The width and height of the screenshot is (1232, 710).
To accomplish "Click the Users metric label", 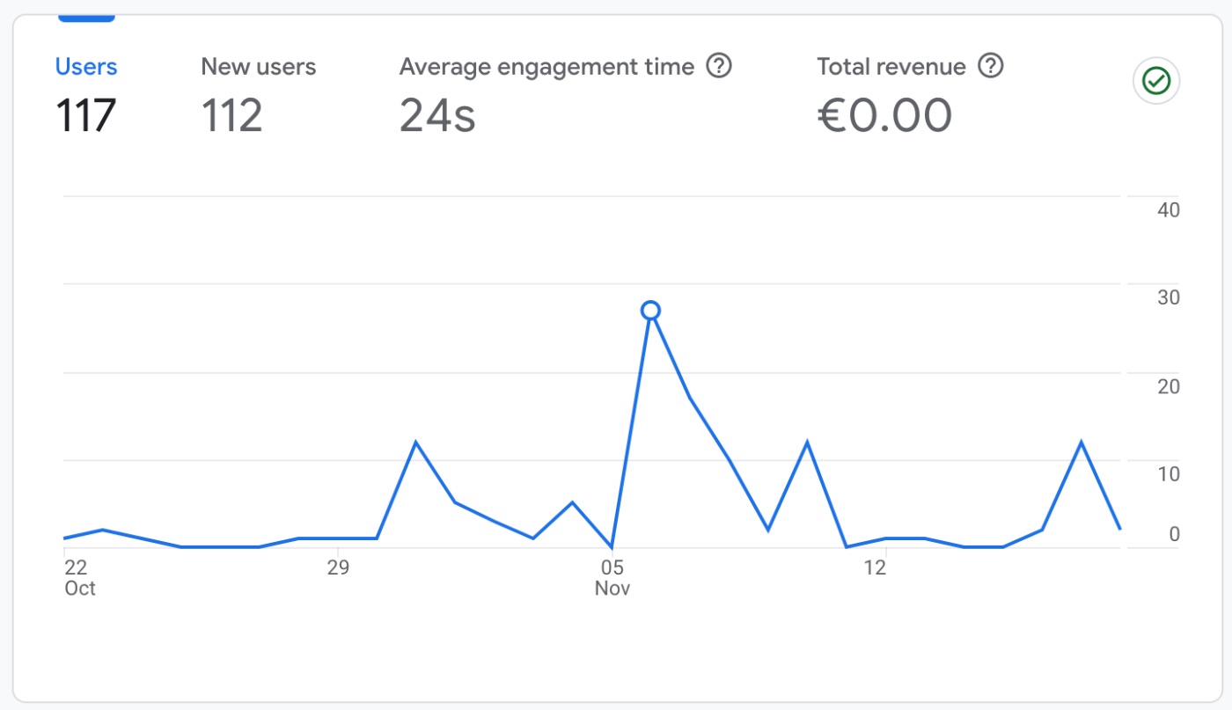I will [x=86, y=67].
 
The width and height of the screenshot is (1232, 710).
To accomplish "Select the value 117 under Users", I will [x=86, y=115].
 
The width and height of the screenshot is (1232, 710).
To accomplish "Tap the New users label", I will [x=258, y=67].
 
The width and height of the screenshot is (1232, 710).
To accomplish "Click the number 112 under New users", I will [x=231, y=115].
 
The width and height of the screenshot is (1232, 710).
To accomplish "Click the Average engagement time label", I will [x=546, y=67].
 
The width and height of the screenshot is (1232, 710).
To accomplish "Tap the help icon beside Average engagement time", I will [x=720, y=66].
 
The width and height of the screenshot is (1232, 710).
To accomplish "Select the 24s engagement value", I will [x=437, y=115].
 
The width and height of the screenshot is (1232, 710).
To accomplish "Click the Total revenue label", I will [x=891, y=67].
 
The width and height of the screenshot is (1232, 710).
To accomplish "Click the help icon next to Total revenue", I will [x=991, y=66].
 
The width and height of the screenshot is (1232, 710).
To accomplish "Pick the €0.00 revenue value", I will [x=884, y=115].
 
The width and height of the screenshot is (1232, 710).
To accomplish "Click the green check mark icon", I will [x=1155, y=82].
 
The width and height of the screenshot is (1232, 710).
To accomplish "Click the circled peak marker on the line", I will [x=650, y=310].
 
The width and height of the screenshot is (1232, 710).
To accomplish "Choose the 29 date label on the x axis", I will [x=338, y=567].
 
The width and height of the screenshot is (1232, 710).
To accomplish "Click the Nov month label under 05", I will [x=612, y=589].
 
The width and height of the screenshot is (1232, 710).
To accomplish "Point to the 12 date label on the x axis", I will [x=874, y=567].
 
